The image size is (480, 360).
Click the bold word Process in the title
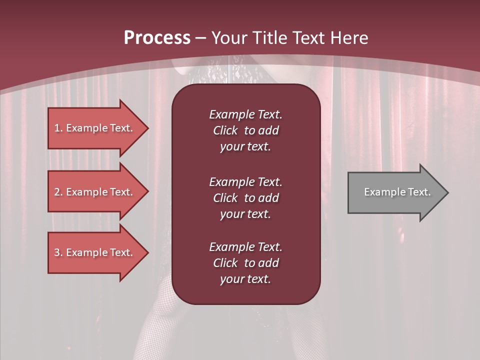tap(157, 38)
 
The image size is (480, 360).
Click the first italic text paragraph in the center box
tap(245, 130)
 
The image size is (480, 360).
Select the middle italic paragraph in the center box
tap(245, 198)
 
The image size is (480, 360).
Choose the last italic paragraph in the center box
tap(245, 263)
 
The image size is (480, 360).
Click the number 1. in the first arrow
tap(58, 128)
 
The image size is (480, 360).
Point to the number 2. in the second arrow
tap(58, 192)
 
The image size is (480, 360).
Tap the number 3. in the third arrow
tap(58, 252)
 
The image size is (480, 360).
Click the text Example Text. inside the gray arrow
tap(397, 192)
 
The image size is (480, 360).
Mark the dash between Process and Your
tap(201, 38)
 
